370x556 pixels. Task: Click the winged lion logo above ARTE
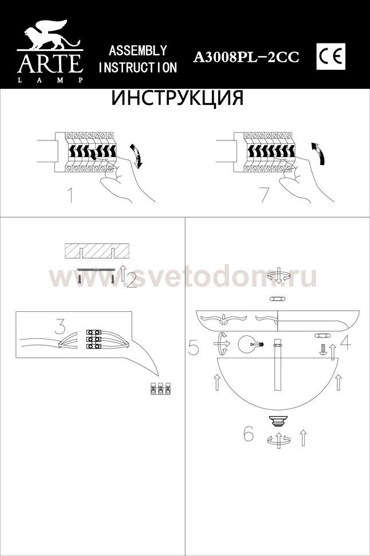[50, 34]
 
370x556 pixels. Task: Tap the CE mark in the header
[330, 57]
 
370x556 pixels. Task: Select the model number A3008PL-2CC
[246, 57]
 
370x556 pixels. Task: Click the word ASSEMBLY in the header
[137, 50]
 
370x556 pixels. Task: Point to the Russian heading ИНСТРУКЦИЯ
[178, 98]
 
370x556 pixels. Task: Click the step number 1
[70, 195]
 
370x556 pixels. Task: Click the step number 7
[264, 195]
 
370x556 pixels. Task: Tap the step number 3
[61, 326]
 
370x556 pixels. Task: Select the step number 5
[193, 347]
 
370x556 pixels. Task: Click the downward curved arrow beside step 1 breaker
[136, 155]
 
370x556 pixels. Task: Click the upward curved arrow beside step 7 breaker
[318, 153]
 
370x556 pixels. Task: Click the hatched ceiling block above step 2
[96, 252]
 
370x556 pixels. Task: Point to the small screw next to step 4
[323, 349]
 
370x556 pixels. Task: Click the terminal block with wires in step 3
[94, 339]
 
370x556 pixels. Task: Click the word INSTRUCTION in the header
[137, 68]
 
